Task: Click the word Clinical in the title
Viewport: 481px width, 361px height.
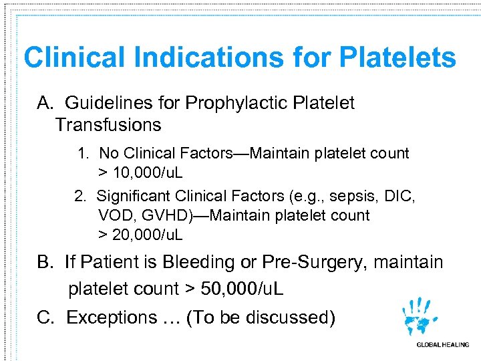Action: [x=74, y=58]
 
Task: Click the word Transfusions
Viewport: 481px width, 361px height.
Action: [x=108, y=125]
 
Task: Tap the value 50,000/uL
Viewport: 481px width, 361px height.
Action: [x=241, y=289]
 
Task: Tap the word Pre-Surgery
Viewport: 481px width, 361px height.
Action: [x=316, y=262]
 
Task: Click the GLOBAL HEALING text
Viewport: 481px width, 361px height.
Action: [x=442, y=345]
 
